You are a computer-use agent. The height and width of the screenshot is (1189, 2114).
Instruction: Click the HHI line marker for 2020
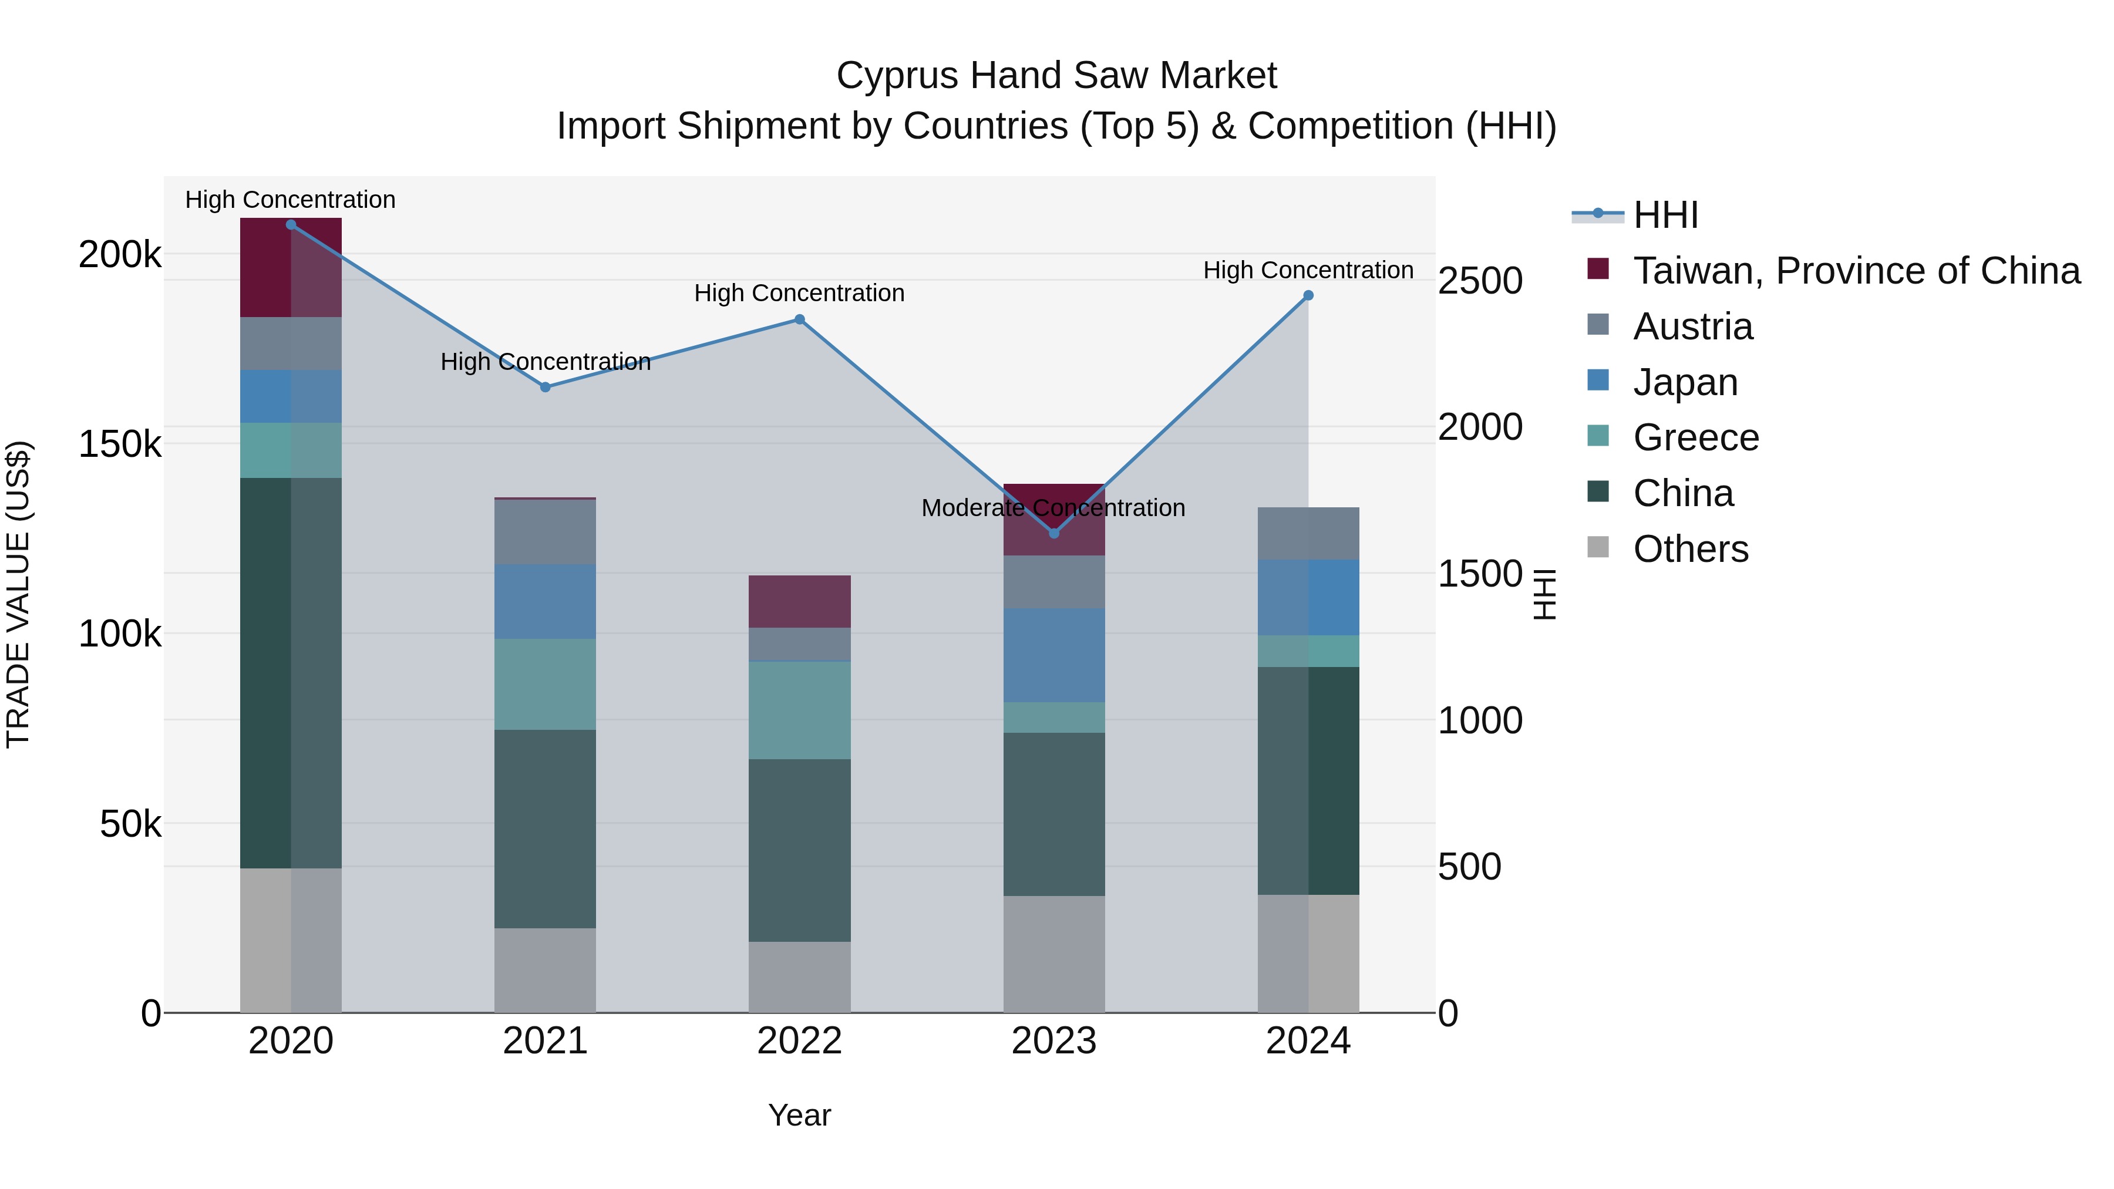[291, 225]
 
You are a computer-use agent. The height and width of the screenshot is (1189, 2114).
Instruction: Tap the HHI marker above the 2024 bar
[1308, 295]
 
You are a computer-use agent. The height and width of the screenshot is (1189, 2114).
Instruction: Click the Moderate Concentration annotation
[1053, 508]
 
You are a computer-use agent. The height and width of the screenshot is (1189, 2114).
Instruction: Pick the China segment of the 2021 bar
[545, 828]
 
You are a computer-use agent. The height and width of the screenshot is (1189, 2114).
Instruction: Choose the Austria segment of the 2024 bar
[1308, 533]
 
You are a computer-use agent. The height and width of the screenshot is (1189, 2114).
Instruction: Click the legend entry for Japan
[1685, 382]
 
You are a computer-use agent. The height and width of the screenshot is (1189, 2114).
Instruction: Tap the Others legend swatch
[1598, 547]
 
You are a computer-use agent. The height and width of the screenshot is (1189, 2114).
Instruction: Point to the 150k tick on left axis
[120, 444]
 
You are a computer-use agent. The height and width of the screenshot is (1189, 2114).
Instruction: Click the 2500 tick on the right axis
[1480, 281]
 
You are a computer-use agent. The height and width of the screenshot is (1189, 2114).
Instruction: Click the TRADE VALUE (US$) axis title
[18, 594]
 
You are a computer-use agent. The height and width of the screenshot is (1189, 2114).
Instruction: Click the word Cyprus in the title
[897, 76]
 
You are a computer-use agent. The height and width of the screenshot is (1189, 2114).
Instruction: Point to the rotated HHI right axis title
[1544, 594]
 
